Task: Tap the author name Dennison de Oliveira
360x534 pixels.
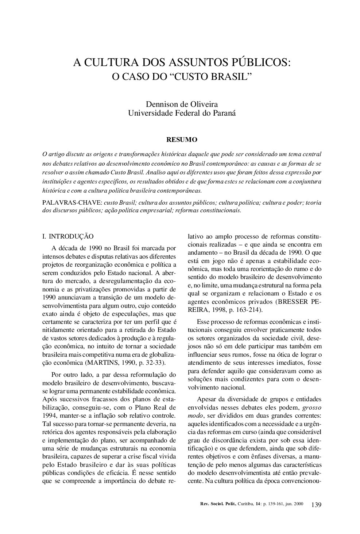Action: (182, 105)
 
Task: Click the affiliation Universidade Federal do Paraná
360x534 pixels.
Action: (182, 113)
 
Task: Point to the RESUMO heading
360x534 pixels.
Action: (182, 140)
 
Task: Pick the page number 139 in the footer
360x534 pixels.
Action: (316, 505)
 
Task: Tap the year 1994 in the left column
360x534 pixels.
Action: (50, 416)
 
